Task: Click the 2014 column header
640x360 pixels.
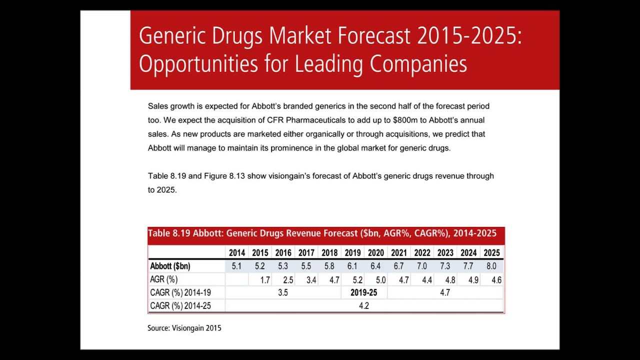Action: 237,252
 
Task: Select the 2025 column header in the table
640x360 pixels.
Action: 492,252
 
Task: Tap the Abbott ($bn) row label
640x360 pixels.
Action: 170,266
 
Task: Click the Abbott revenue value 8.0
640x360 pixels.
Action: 492,266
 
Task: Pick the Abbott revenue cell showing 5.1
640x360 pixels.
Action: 237,266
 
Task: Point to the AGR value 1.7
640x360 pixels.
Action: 265,279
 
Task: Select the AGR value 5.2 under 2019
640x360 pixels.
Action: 358,279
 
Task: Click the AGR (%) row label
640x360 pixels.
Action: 164,279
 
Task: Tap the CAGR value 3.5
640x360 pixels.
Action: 283,292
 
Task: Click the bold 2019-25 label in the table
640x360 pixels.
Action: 364,292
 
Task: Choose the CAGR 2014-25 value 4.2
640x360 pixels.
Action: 364,305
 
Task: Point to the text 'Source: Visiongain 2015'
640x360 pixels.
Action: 184,328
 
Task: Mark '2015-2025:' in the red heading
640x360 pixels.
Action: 470,36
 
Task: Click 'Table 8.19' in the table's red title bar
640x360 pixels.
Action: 169,233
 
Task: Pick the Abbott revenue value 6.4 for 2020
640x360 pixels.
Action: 376,266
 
